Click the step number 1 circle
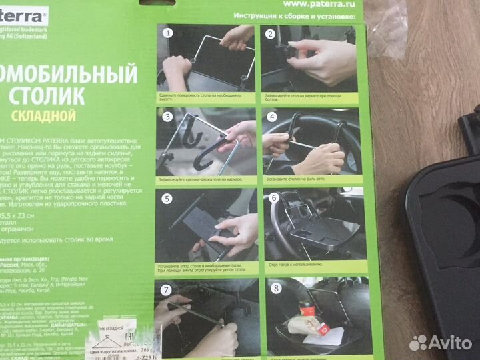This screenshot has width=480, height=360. coord(169,33)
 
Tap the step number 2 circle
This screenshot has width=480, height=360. coord(271,33)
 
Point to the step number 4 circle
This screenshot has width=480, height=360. coord(271,116)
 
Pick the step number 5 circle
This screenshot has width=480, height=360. coord(167,199)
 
